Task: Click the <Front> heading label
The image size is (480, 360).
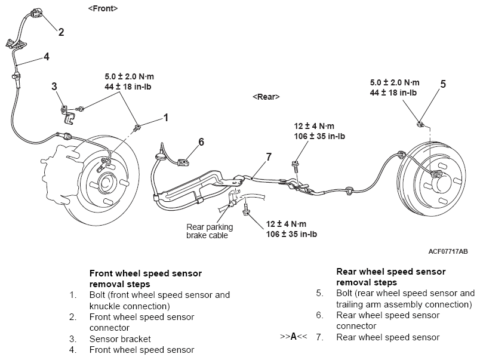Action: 103,8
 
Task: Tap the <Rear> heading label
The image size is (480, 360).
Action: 266,97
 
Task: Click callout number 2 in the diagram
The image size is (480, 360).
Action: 61,32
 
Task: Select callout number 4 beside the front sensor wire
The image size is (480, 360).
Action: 46,57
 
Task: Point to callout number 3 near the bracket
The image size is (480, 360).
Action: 54,87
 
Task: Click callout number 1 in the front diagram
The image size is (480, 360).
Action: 166,118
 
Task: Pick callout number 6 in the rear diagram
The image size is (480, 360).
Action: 201,141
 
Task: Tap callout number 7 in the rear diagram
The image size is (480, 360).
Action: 269,157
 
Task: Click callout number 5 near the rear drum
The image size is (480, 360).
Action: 443,84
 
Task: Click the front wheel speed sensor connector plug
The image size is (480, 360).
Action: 36,14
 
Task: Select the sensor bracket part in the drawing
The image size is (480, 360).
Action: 68,114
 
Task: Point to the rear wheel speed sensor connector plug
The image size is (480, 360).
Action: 184,162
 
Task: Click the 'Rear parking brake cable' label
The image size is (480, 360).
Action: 210,231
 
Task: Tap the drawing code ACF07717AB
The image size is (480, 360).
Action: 448,251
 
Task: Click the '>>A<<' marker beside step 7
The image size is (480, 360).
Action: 294,337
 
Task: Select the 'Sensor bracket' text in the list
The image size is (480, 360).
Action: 120,339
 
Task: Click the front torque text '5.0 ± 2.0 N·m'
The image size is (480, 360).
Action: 129,76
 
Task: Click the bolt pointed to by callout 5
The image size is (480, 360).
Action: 420,124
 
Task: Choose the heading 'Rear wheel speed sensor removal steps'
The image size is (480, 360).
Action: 391,277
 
